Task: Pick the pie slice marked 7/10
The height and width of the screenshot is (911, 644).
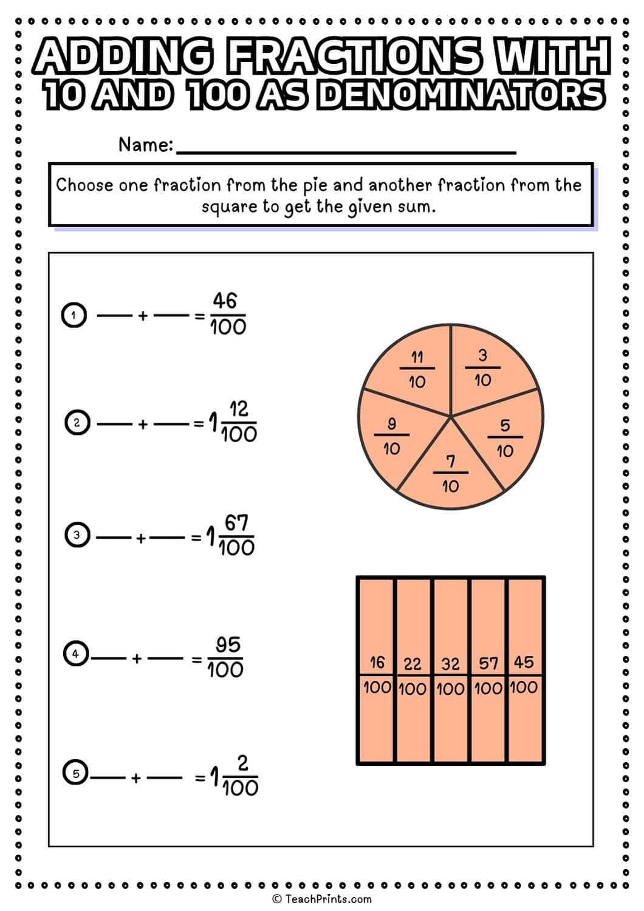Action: pos(450,473)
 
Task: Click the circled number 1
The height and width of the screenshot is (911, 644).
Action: pos(74,315)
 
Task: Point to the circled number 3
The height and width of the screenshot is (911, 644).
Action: pos(77,535)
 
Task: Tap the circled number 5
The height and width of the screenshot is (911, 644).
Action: pos(76,773)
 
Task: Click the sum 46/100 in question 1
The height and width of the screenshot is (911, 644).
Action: pos(228,314)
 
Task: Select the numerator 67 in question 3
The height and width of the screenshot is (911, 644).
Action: pos(236,522)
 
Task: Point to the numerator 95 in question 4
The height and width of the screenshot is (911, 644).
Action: pos(228,644)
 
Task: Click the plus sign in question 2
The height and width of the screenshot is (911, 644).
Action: pos(142,424)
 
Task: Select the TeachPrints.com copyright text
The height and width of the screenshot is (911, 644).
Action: pos(322,899)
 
